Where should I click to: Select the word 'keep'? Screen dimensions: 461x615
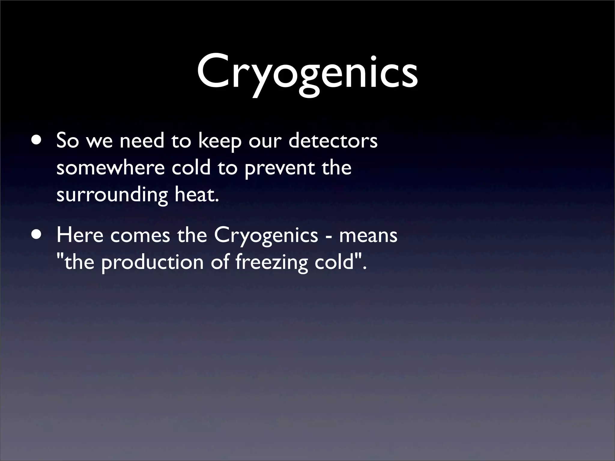pos(220,141)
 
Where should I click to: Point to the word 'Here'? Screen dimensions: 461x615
pos(79,235)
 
